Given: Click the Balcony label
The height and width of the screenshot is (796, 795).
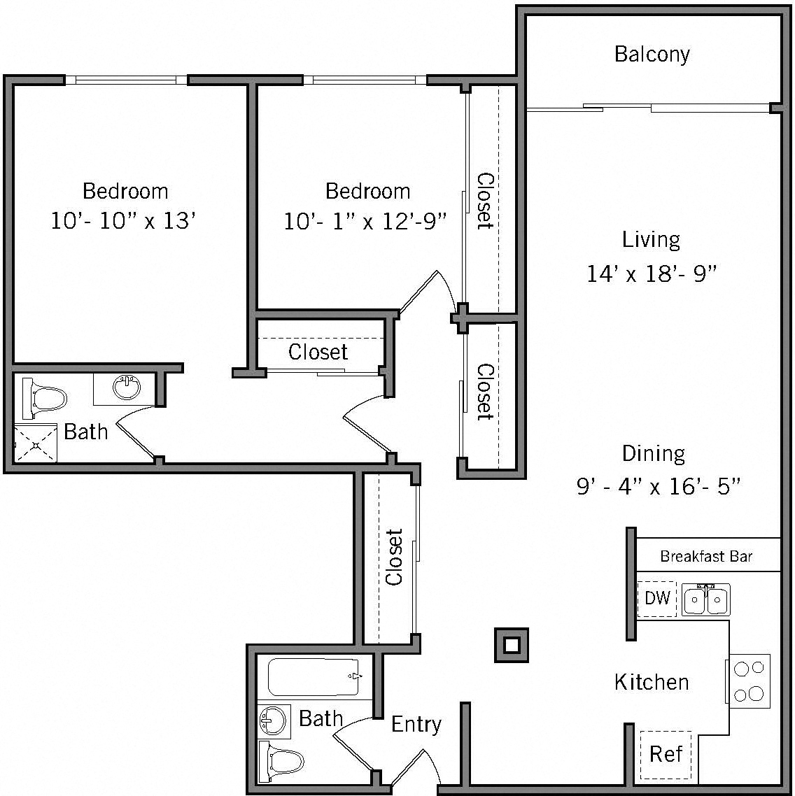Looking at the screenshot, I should pos(652,55).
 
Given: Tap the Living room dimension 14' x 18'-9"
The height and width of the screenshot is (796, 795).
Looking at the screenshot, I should pos(652,273).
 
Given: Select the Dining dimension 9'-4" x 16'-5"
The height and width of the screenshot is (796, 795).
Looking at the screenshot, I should pos(658,486).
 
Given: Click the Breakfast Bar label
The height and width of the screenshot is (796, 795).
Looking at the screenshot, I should pos(706,557).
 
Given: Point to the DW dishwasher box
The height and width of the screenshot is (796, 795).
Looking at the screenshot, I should pos(657,598).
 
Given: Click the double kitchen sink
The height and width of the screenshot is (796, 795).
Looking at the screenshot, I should pos(706,600).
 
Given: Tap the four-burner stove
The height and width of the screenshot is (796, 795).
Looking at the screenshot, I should pos(750,681).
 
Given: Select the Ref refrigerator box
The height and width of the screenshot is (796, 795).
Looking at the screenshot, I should pos(665,755).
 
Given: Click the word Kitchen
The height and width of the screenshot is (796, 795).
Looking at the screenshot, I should pos(652,682).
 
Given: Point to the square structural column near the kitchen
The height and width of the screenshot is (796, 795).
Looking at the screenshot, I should pos(512,644).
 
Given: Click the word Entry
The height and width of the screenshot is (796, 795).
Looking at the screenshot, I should pos(416,724).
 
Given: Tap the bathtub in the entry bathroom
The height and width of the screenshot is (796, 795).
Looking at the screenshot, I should pos(313,676).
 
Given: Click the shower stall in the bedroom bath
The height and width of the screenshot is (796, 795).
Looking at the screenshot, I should pos(35,443).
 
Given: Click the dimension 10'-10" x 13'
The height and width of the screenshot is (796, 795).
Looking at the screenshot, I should pos(122,221).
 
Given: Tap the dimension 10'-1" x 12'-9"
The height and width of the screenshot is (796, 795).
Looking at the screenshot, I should pos(365,222).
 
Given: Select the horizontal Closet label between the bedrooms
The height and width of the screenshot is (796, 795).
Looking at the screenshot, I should pos(318,351).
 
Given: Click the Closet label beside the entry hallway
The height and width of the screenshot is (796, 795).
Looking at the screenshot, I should pos(394,557).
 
